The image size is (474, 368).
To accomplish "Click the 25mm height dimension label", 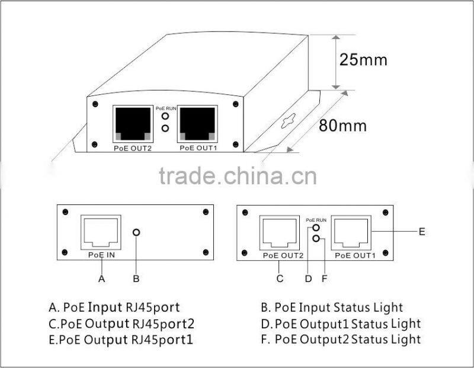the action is pos(363,60).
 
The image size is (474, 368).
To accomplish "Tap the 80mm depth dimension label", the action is pos(342,126).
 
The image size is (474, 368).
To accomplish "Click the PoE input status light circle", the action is pos(137,232).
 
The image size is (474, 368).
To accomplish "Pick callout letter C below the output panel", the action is pos(280,277).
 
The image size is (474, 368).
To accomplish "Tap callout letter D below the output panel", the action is pos(308,277).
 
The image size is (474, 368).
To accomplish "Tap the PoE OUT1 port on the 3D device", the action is pos(197,123).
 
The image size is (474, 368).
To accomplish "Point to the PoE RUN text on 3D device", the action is pos(165,108).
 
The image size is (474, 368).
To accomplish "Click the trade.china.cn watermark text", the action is pos(237,176).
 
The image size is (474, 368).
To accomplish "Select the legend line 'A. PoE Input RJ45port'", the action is pos(114,308).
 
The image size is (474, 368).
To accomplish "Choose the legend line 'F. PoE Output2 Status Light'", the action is pos(340,340).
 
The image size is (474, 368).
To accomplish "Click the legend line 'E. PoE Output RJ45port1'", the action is pos(121,340).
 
